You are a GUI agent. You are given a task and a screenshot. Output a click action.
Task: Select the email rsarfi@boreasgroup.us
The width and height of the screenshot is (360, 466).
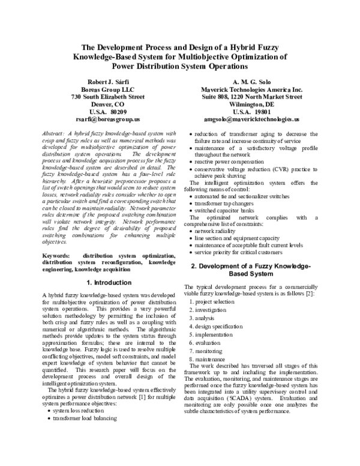tap(107, 120)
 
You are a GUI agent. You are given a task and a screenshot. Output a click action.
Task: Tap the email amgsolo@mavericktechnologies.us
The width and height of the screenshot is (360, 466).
tap(251, 120)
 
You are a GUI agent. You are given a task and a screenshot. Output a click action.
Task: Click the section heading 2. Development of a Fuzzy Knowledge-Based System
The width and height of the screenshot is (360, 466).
tap(251, 270)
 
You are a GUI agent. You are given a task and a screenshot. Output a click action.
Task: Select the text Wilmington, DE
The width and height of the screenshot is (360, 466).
tap(251, 104)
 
